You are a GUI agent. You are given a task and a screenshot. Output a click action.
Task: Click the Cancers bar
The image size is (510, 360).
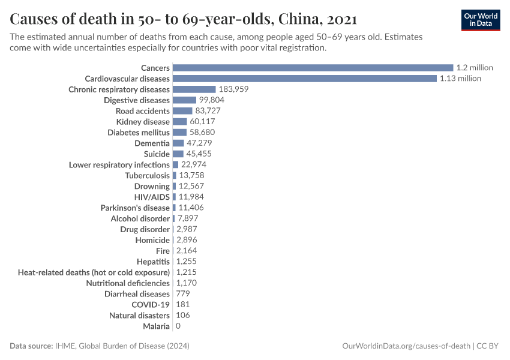312,68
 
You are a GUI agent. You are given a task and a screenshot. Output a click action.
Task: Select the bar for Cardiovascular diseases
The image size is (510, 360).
304,79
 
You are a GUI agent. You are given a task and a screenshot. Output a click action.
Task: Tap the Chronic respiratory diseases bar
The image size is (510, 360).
194,89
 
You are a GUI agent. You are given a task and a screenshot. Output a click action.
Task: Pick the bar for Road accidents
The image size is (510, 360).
182,111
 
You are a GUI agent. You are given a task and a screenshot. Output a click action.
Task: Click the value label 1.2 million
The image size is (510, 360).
474,68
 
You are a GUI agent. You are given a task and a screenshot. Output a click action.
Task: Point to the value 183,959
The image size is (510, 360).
233,89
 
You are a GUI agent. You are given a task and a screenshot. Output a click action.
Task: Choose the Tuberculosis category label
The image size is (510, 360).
147,176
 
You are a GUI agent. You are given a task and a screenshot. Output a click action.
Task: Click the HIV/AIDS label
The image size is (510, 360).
152,197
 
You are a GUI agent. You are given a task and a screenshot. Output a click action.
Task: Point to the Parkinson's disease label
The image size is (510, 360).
135,208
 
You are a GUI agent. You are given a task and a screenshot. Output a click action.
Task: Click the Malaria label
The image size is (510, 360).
156,326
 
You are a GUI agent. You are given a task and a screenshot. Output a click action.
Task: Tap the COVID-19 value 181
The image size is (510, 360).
183,305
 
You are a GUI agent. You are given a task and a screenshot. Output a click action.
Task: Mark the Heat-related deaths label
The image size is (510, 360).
94,272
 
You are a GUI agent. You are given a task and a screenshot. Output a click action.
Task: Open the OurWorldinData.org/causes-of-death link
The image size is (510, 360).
406,346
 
